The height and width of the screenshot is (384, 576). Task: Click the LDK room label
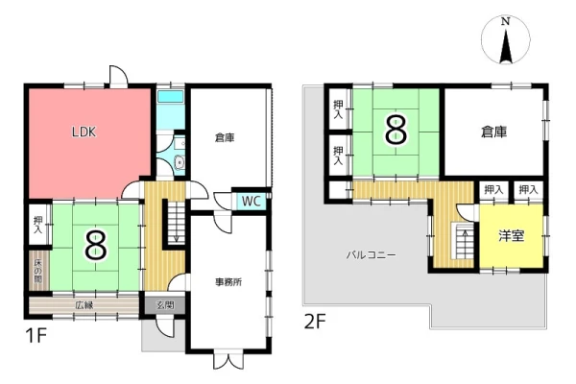click(84, 132)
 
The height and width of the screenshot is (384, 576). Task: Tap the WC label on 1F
click(252, 201)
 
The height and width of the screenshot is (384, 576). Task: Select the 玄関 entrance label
click(165, 305)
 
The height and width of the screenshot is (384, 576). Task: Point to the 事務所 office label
click(228, 282)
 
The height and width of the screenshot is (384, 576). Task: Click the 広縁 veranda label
click(84, 305)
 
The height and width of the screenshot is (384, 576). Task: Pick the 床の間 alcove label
click(37, 271)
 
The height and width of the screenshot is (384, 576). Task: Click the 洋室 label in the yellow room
click(511, 236)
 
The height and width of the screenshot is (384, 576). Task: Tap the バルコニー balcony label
click(372, 254)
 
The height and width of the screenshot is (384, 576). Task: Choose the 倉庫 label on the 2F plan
click(494, 132)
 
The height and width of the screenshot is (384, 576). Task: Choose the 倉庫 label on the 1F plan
click(225, 138)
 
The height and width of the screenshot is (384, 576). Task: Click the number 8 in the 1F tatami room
click(96, 247)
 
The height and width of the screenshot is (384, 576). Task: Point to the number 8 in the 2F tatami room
click(396, 130)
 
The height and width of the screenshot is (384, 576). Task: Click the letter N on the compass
click(506, 22)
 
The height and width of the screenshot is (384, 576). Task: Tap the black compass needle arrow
click(506, 45)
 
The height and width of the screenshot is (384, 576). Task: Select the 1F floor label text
click(36, 335)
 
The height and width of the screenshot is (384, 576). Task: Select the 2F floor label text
click(315, 322)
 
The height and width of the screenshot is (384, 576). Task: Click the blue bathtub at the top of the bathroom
click(171, 97)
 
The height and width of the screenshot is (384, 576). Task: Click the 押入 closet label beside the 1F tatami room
click(37, 226)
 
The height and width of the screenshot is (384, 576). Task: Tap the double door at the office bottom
click(228, 360)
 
